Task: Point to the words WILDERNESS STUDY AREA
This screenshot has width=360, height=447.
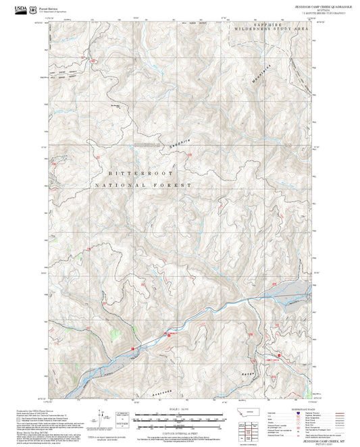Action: [270, 31]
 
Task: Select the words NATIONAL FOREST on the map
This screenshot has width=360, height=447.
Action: [143, 184]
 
